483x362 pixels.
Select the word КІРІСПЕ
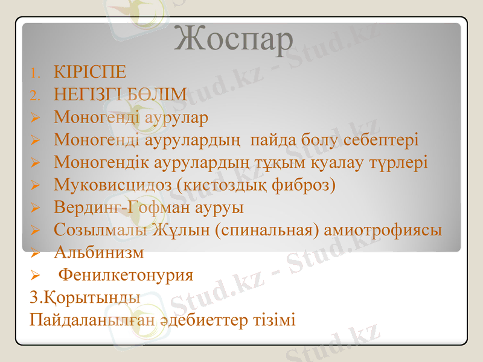pos(90,73)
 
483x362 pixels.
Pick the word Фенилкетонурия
pos(126,276)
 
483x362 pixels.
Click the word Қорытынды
pos(85,297)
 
